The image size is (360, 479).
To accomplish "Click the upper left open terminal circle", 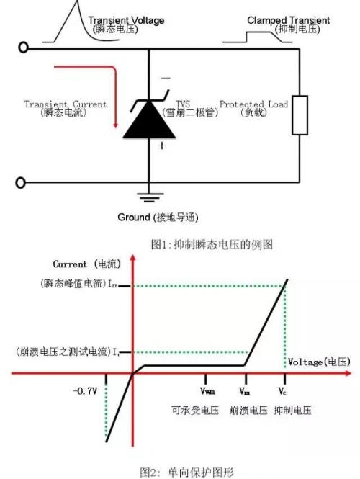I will pos(23,48).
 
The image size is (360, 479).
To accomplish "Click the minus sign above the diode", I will pos(166,78).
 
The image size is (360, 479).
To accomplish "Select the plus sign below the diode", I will pos(162,146).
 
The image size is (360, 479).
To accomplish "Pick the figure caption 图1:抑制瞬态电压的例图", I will pos(212,244).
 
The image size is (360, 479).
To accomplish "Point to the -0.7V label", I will pos(85,391).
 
